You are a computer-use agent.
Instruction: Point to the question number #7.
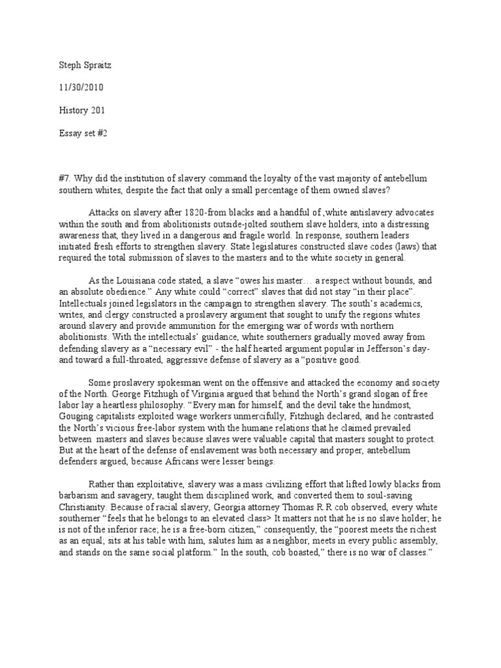pyautogui.click(x=64, y=179)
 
